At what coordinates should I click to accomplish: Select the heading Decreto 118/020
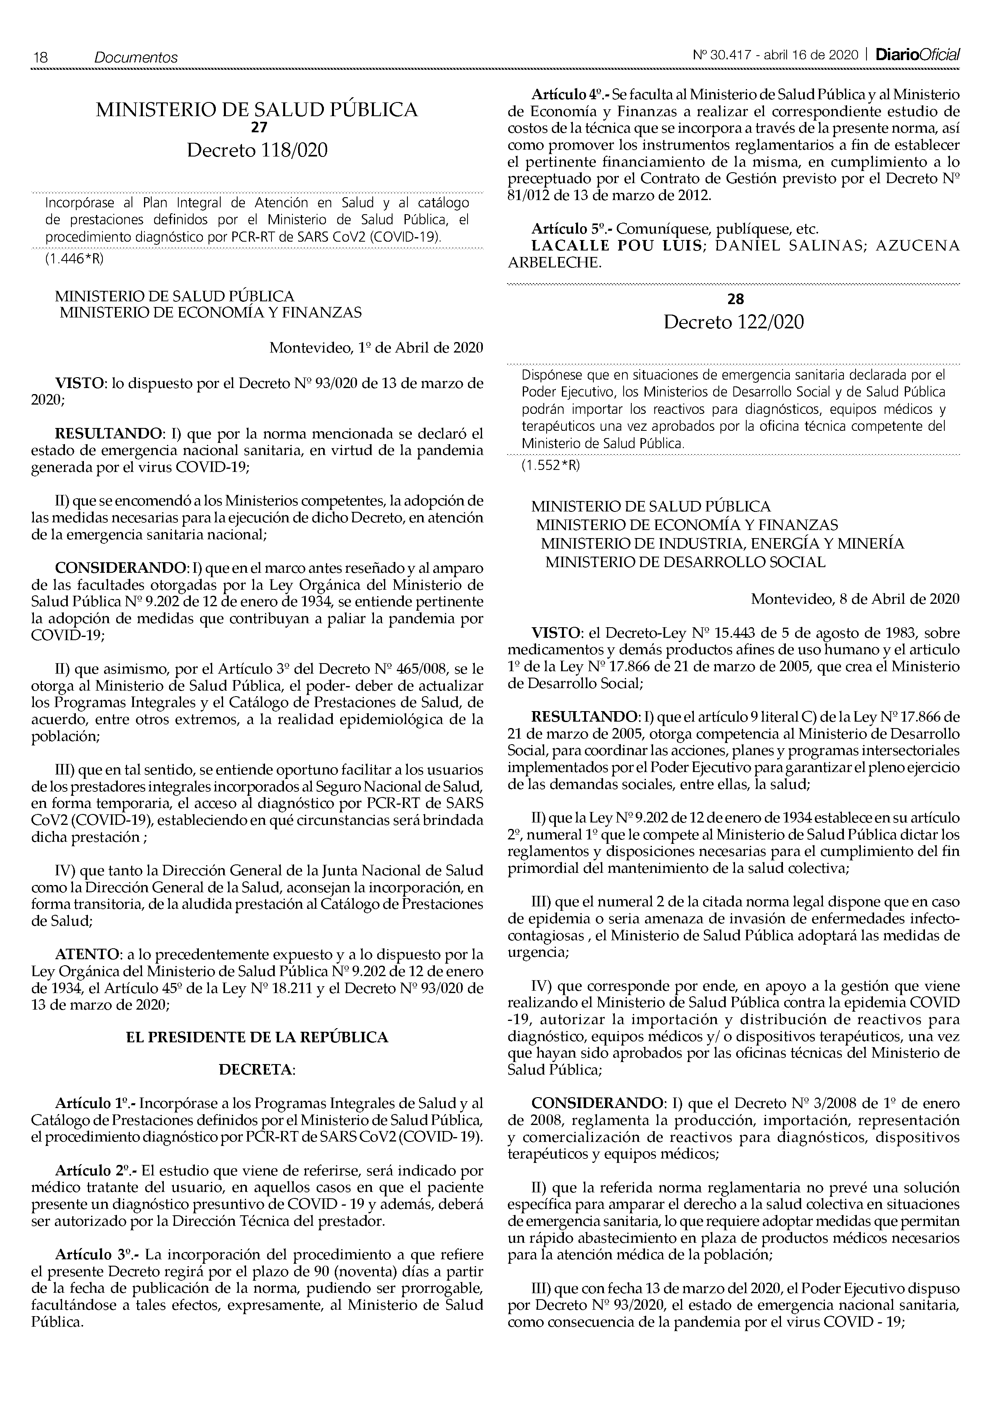click(x=257, y=150)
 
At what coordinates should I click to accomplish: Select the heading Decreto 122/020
click(x=733, y=322)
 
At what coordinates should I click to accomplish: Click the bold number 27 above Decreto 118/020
click(x=257, y=127)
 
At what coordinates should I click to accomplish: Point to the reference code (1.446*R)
click(x=74, y=259)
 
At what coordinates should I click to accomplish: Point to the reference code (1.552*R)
click(x=551, y=466)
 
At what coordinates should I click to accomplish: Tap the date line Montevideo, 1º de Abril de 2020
click(x=376, y=348)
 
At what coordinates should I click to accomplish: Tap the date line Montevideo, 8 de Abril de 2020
click(x=855, y=599)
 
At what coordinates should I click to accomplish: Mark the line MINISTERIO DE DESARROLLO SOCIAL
click(x=685, y=562)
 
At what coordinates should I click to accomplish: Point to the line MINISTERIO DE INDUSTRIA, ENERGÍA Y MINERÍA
click(x=722, y=544)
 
